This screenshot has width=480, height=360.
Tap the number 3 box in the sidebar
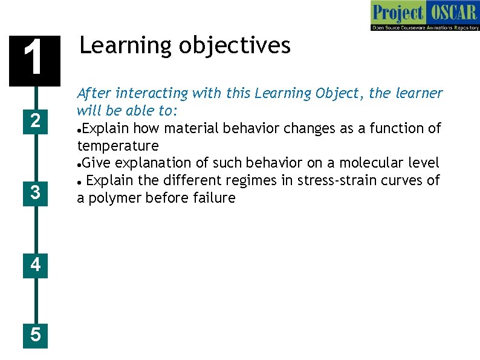point(36,192)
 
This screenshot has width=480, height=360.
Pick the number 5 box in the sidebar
point(36,334)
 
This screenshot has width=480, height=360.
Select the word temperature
point(118,146)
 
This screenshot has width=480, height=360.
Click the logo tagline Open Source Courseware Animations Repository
point(425,27)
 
